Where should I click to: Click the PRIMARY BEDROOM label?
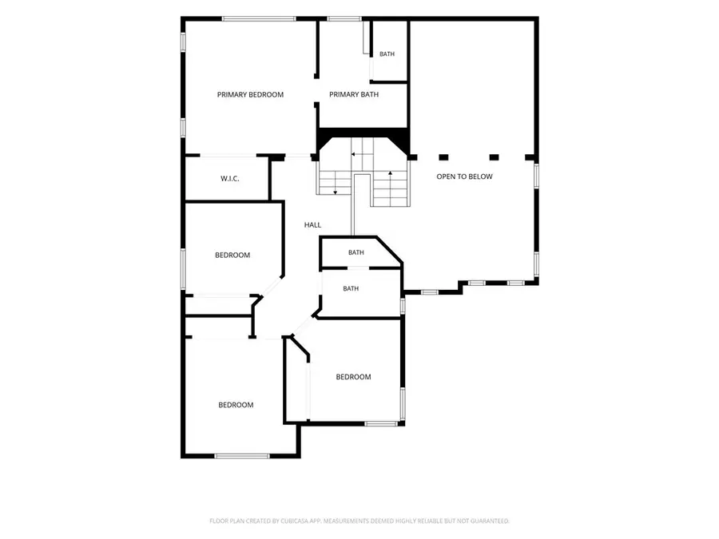(250, 95)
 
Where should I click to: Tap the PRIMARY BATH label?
(354, 95)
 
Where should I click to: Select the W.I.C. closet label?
(230, 179)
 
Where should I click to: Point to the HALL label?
(312, 225)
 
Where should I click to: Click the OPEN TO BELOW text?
(464, 176)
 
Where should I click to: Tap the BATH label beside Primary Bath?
(387, 54)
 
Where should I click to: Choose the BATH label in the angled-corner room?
(356, 252)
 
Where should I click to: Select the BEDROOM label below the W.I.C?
(232, 256)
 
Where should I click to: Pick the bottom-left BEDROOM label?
(236, 405)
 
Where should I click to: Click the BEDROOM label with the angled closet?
(354, 377)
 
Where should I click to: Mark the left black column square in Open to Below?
(443, 157)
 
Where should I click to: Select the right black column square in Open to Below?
(494, 157)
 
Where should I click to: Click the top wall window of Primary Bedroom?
(259, 19)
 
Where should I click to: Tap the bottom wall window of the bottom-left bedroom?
(242, 456)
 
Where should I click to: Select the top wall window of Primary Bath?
(344, 19)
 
